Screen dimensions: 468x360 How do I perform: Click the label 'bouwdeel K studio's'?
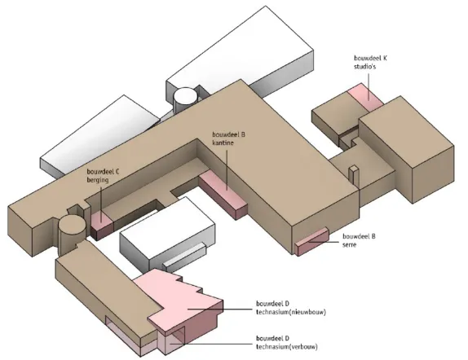(370, 63)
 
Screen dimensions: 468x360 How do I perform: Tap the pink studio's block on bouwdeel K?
(365, 96)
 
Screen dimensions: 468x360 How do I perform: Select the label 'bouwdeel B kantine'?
(228, 138)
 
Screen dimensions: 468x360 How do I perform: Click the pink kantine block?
(223, 195)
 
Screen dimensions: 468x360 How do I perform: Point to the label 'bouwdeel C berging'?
(103, 176)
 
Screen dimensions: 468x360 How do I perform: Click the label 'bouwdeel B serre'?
(359, 240)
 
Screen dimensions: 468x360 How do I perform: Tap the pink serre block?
(312, 241)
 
